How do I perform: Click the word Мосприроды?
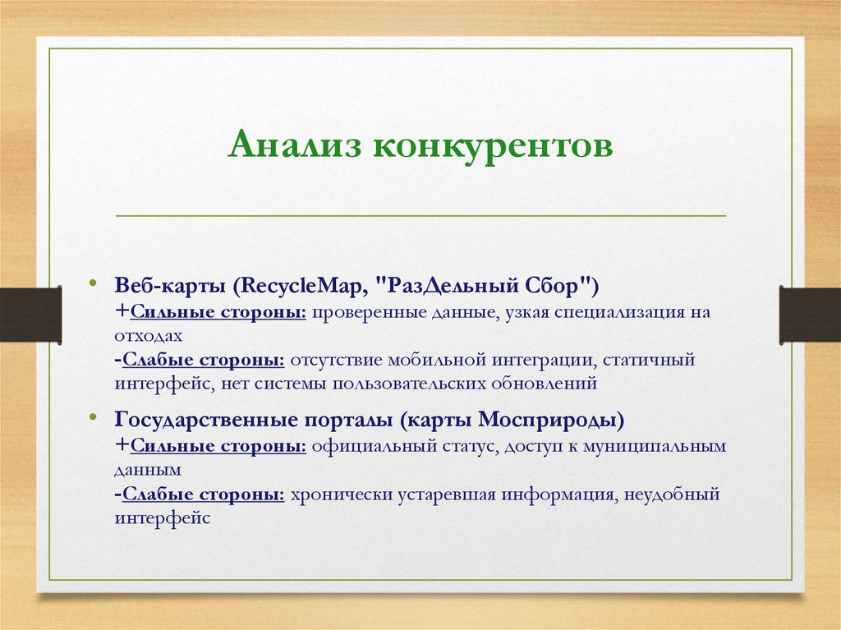pos(549,421)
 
